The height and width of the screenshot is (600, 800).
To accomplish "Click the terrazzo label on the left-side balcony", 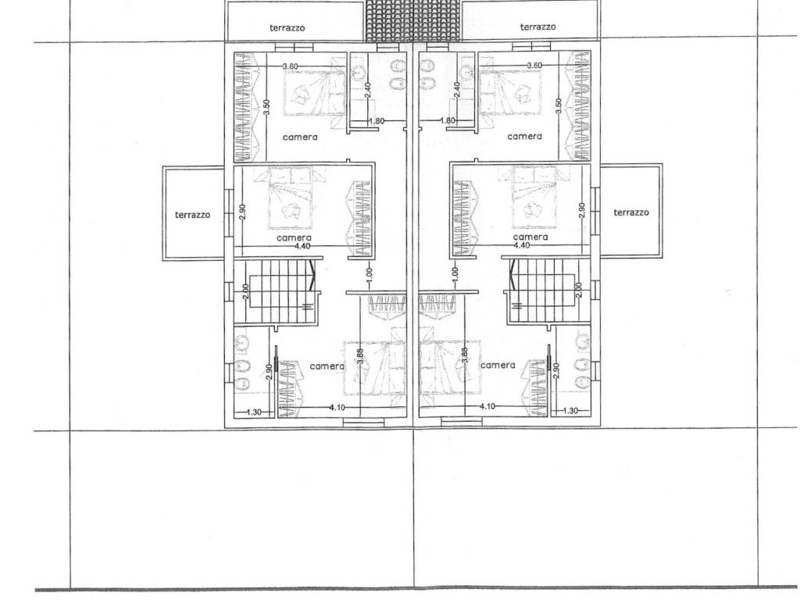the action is pos(192,215).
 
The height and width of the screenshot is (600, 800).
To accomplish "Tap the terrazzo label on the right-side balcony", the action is pos(631,212).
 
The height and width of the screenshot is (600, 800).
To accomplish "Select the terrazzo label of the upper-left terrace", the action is pos(287,28).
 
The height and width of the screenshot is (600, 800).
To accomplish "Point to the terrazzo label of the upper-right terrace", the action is pos(537,27).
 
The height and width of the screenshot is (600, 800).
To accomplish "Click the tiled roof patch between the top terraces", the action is pos(414,20).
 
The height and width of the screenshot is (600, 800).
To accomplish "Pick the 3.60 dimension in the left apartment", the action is pos(291,66).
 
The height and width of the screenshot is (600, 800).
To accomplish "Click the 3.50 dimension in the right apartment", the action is pos(559,105).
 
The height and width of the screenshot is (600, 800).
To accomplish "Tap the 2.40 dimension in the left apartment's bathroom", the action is pos(368,90).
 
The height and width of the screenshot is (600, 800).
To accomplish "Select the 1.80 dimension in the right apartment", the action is pos(447,121).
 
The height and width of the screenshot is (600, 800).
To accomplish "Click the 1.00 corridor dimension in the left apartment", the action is pos(370,274).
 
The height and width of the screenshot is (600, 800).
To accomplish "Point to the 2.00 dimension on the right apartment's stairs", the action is pos(578,291).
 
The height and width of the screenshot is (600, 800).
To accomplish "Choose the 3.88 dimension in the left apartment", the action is pos(360,356).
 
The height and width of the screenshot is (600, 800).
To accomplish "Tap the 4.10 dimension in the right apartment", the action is pos(487,406).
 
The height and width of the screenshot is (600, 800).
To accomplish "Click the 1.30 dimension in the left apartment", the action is pos(254,412).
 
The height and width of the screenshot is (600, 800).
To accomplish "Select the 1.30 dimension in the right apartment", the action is pos(571,411).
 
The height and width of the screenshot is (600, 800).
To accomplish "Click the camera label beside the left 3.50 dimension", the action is pos(300,137).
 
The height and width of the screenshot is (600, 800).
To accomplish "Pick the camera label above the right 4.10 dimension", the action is pos(498,366).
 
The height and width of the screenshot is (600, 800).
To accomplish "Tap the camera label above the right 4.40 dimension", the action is pos(530,237).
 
